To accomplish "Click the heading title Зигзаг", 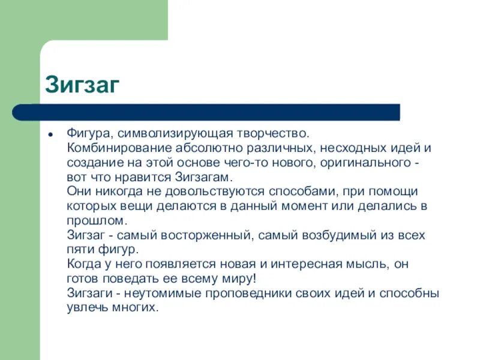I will click(83, 85).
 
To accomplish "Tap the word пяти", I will click(79, 250).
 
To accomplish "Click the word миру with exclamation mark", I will click(242, 279).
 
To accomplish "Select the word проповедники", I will click(253, 293).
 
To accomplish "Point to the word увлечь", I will click(83, 308).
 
